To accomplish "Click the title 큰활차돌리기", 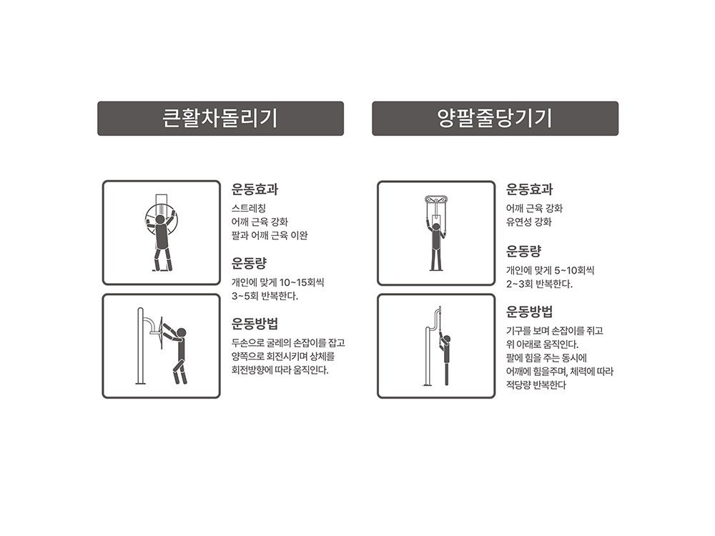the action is pyautogui.click(x=220, y=118).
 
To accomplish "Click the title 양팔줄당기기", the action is pyautogui.click(x=495, y=118).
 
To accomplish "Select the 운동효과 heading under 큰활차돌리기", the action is pyautogui.click(x=255, y=189).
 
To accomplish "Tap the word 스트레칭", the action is pyautogui.click(x=249, y=208).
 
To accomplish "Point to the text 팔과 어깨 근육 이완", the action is pyautogui.click(x=270, y=235).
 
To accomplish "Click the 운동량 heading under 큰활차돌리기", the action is pyautogui.click(x=249, y=263).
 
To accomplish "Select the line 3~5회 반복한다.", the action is pyautogui.click(x=265, y=297).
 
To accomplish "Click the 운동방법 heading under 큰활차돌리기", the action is pyautogui.click(x=255, y=324).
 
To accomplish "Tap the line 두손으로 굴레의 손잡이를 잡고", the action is pyautogui.click(x=288, y=343).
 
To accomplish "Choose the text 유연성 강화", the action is pyautogui.click(x=528, y=222).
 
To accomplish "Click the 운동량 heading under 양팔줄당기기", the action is pyautogui.click(x=523, y=251).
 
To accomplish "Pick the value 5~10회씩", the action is pyautogui.click(x=574, y=270).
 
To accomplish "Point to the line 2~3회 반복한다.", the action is pyautogui.click(x=539, y=284).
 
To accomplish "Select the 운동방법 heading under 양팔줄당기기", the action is pyautogui.click(x=529, y=312).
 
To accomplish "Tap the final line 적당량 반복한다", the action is pyautogui.click(x=536, y=384).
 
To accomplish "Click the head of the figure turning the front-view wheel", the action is pyautogui.click(x=160, y=219).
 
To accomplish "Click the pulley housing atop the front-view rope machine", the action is pyautogui.click(x=436, y=199).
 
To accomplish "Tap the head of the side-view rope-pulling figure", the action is pyautogui.click(x=446, y=339).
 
